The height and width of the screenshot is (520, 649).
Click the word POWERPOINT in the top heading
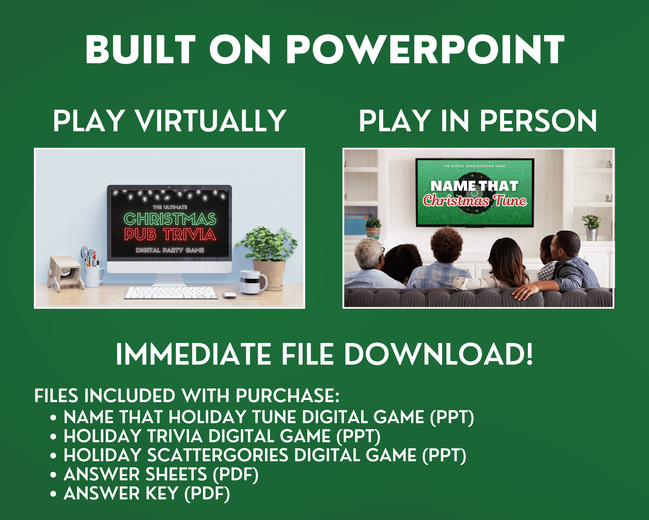click(425, 49)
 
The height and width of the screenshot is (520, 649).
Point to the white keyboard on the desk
click(171, 293)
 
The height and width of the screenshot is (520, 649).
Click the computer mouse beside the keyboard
click(229, 295)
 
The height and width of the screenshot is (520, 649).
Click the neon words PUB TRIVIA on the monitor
click(170, 234)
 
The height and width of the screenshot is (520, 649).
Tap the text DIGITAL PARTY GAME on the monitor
click(170, 250)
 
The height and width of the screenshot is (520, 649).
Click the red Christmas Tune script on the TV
click(475, 201)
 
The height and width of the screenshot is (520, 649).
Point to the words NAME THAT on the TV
click(474, 186)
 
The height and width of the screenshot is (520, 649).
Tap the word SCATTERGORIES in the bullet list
click(218, 455)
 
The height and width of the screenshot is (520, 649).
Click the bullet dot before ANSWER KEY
click(53, 494)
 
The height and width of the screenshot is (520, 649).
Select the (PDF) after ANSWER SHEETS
click(236, 475)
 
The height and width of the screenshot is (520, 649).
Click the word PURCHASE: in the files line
click(287, 396)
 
